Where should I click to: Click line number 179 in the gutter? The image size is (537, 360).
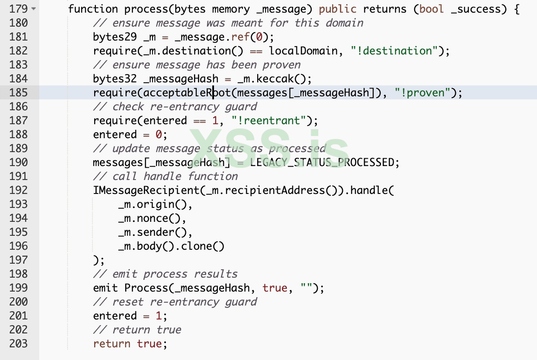coord(18,9)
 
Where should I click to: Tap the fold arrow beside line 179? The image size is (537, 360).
coord(34,9)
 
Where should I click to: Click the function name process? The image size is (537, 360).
coord(143,9)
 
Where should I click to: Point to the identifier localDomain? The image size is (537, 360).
coord(303,51)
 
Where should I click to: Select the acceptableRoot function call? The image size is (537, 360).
coord(187,92)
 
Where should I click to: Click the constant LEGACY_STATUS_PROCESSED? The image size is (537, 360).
coord(322,162)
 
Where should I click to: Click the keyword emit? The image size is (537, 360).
coord(105,288)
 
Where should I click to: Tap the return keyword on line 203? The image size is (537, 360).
coord(112,343)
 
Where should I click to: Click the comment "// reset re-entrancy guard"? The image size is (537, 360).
coord(175,302)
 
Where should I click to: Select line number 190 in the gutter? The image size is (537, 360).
coord(18,162)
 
